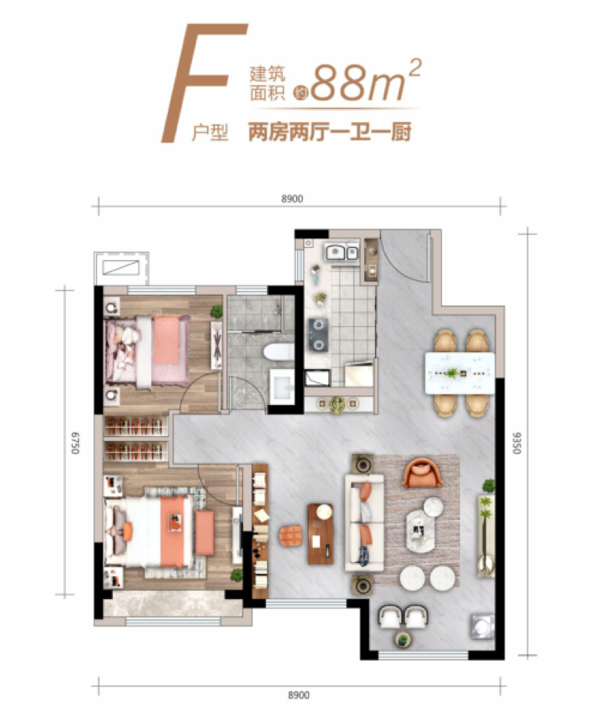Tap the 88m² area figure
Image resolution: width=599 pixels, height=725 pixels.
(366, 81)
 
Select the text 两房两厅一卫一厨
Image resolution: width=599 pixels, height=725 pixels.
(330, 133)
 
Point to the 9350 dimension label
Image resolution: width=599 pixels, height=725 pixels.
(517, 443)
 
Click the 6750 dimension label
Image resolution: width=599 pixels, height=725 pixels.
(75, 443)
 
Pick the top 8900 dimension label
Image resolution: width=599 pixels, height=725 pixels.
(292, 199)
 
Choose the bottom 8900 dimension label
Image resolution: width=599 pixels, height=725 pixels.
(298, 695)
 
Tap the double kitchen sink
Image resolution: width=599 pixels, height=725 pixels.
(342, 252)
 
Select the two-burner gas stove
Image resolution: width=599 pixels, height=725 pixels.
(318, 335)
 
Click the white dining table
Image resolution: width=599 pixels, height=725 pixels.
(459, 373)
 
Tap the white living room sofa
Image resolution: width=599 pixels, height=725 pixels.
(364, 523)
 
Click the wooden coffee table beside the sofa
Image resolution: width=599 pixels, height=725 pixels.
(321, 533)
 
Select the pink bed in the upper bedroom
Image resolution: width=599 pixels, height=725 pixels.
(147, 351)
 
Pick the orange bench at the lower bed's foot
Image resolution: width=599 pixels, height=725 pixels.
(205, 532)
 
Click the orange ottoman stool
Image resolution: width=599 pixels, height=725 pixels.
(291, 536)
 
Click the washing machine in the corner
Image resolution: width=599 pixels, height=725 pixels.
(482, 627)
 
